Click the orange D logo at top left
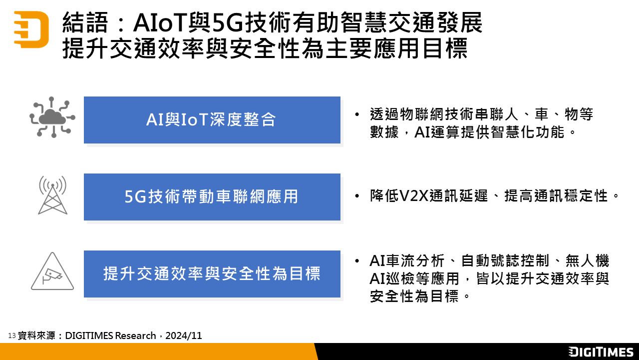click(x=31, y=29)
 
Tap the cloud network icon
click(x=52, y=117)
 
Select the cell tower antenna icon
click(x=52, y=195)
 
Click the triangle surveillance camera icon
click(x=52, y=271)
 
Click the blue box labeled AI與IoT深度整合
click(x=212, y=120)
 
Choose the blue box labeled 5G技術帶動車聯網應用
click(x=212, y=197)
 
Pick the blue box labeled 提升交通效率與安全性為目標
click(x=212, y=274)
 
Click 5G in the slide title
click(x=227, y=23)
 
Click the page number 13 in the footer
click(x=11, y=335)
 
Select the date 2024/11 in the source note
click(x=183, y=335)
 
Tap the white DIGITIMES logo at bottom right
click(x=601, y=351)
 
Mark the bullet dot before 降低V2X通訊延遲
click(x=357, y=196)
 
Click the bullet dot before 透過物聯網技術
click(x=357, y=115)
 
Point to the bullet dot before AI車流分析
click(x=357, y=261)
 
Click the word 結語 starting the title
click(x=85, y=23)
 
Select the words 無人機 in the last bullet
click(x=588, y=260)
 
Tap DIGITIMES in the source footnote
click(x=89, y=335)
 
